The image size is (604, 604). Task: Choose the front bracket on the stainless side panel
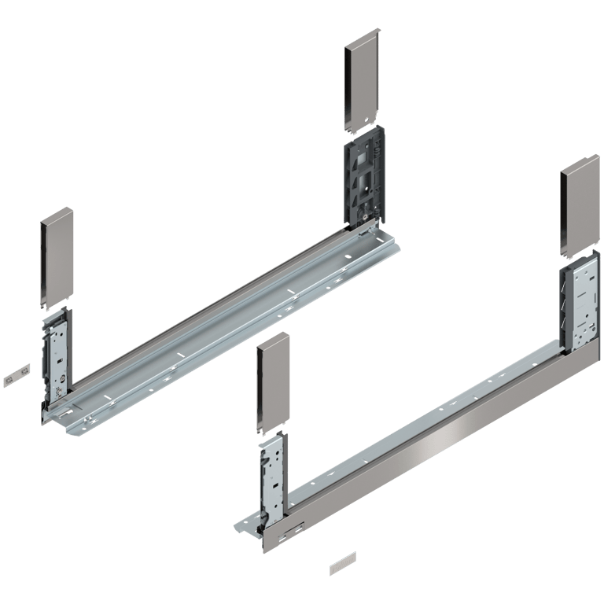point(271,476)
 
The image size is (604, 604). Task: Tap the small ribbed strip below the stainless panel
point(341,565)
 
